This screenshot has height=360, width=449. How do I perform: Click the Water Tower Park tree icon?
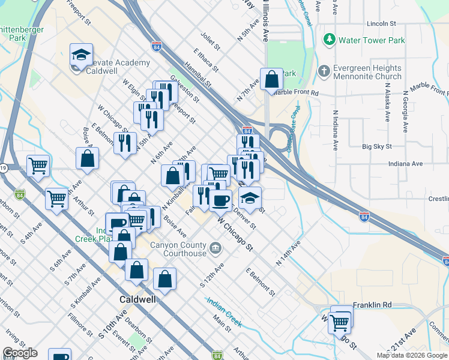329,40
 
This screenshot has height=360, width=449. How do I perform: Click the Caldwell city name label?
137,298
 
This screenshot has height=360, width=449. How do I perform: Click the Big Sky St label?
377,146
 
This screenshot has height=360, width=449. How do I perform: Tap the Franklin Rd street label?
372,305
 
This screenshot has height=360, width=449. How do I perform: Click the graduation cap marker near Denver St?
250,197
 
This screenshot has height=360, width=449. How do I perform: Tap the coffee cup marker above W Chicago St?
220,200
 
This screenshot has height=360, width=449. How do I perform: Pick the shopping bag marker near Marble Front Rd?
271,79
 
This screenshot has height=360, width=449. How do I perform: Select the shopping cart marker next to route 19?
38,165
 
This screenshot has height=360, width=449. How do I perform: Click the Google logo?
20,353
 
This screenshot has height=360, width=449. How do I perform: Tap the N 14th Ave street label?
288,254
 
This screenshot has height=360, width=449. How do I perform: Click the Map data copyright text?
411,355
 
